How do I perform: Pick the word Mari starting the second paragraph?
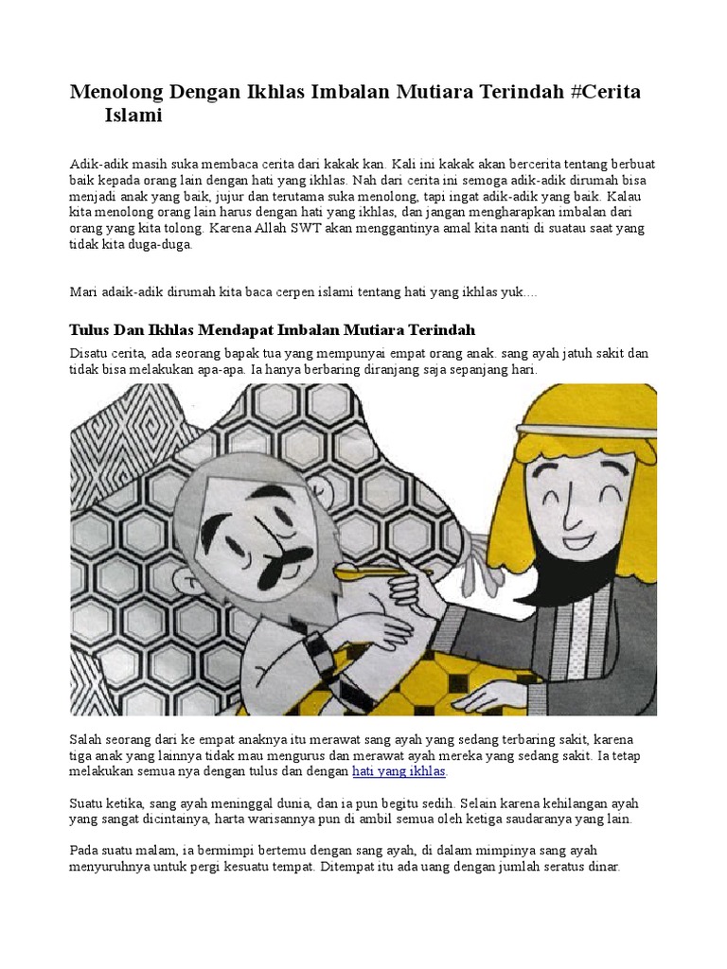point(84,292)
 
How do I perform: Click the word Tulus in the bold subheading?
point(93,329)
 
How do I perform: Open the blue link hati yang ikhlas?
point(399,771)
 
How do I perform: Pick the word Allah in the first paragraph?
point(239,228)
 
